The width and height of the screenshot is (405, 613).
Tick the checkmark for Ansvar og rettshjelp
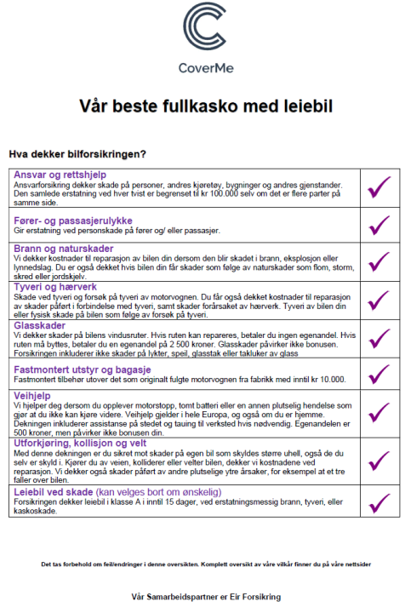[x=379, y=186]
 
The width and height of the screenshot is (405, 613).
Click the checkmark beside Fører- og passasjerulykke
[x=379, y=225]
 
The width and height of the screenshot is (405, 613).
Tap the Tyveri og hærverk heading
[x=55, y=287]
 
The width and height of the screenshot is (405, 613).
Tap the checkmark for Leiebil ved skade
[x=379, y=502]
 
